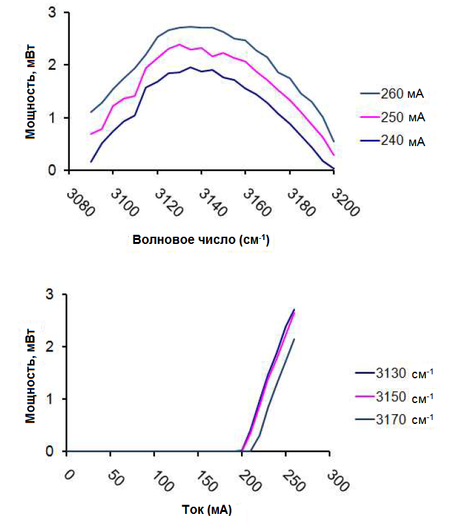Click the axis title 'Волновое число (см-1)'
click(201, 239)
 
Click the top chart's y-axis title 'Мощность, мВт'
click(31, 92)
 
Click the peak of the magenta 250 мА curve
click(179, 44)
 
